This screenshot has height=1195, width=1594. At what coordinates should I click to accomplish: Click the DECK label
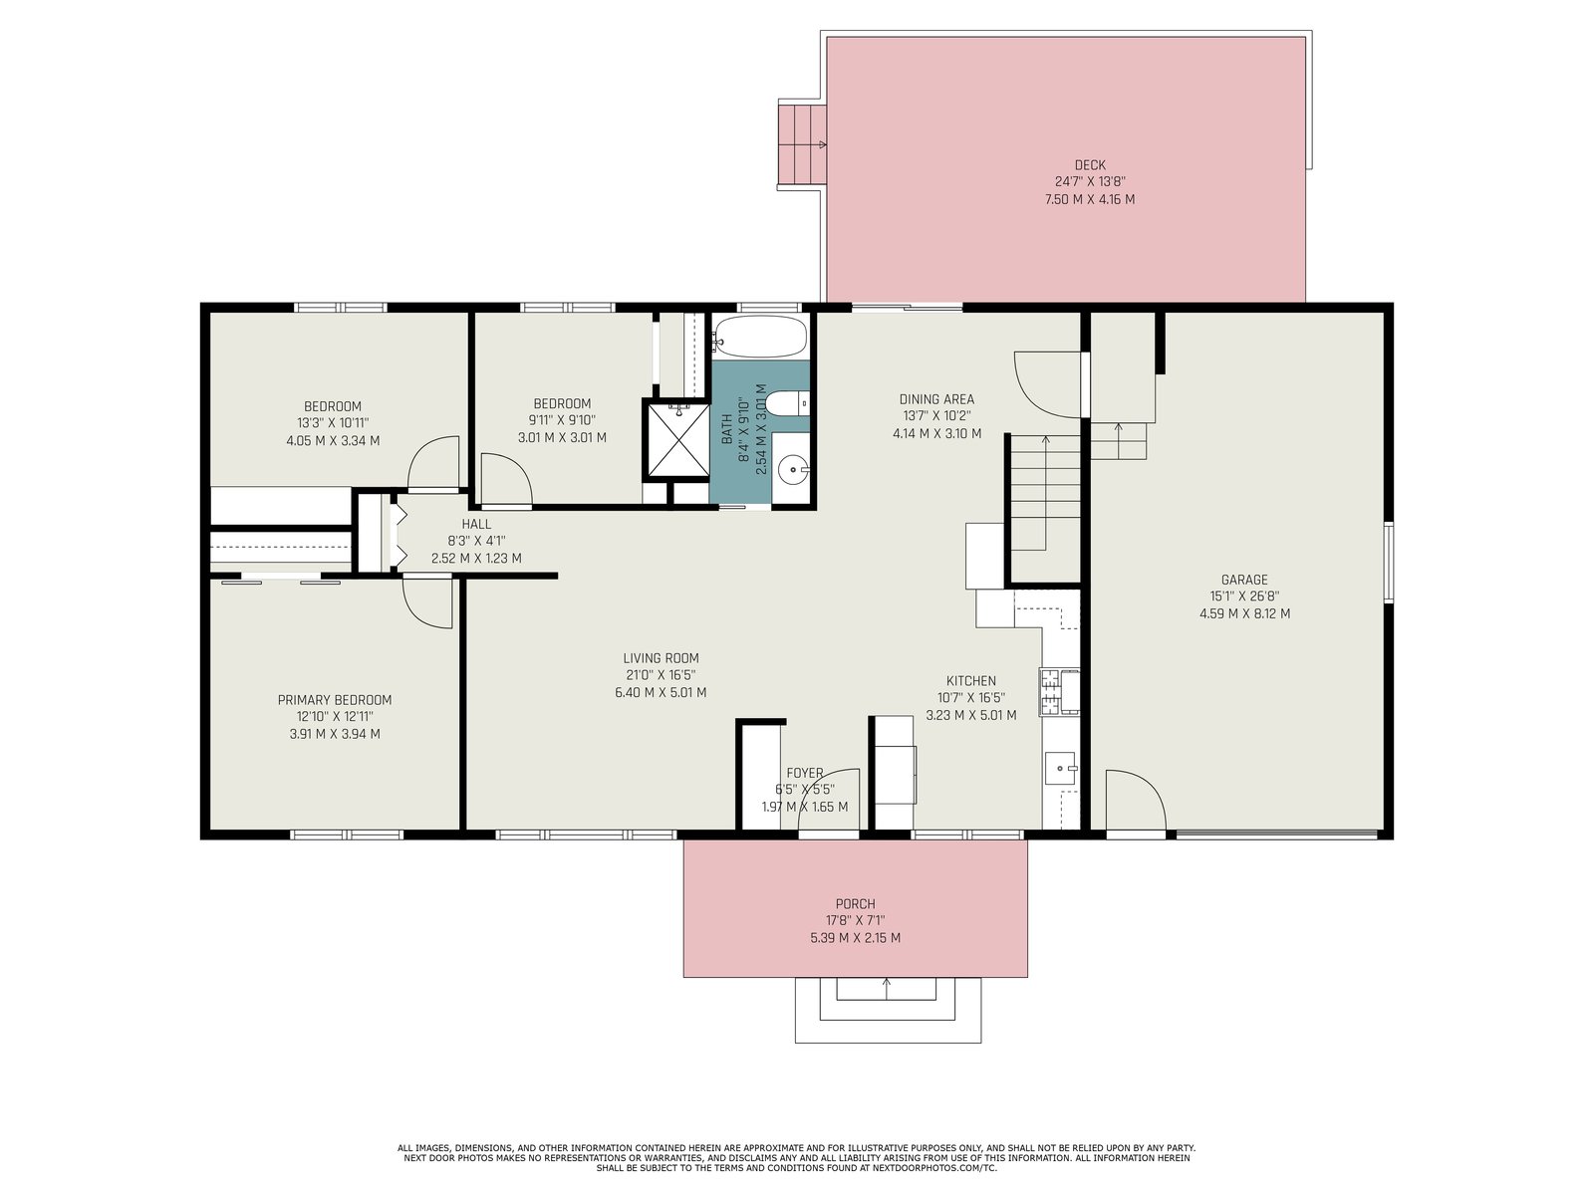click(1089, 165)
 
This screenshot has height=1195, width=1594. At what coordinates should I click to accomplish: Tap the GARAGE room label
click(1244, 580)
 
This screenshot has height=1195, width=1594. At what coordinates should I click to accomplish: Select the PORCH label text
click(855, 904)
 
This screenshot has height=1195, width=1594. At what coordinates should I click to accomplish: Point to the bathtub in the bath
click(759, 337)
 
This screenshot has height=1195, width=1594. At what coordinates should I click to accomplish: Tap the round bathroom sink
click(792, 469)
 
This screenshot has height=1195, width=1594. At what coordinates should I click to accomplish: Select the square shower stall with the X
click(677, 439)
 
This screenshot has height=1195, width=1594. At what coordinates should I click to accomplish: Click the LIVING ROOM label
click(661, 658)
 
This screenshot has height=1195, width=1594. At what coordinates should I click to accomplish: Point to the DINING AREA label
click(936, 399)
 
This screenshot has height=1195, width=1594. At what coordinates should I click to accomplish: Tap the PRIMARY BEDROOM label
click(334, 699)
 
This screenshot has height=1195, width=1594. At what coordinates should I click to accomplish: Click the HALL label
click(475, 524)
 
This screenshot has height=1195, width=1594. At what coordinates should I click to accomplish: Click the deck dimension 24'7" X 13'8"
click(1089, 182)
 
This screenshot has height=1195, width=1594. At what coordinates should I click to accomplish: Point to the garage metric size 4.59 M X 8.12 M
click(1244, 613)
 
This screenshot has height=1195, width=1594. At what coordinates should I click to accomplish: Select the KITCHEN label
click(970, 680)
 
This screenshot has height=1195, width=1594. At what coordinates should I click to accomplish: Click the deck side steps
click(802, 144)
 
